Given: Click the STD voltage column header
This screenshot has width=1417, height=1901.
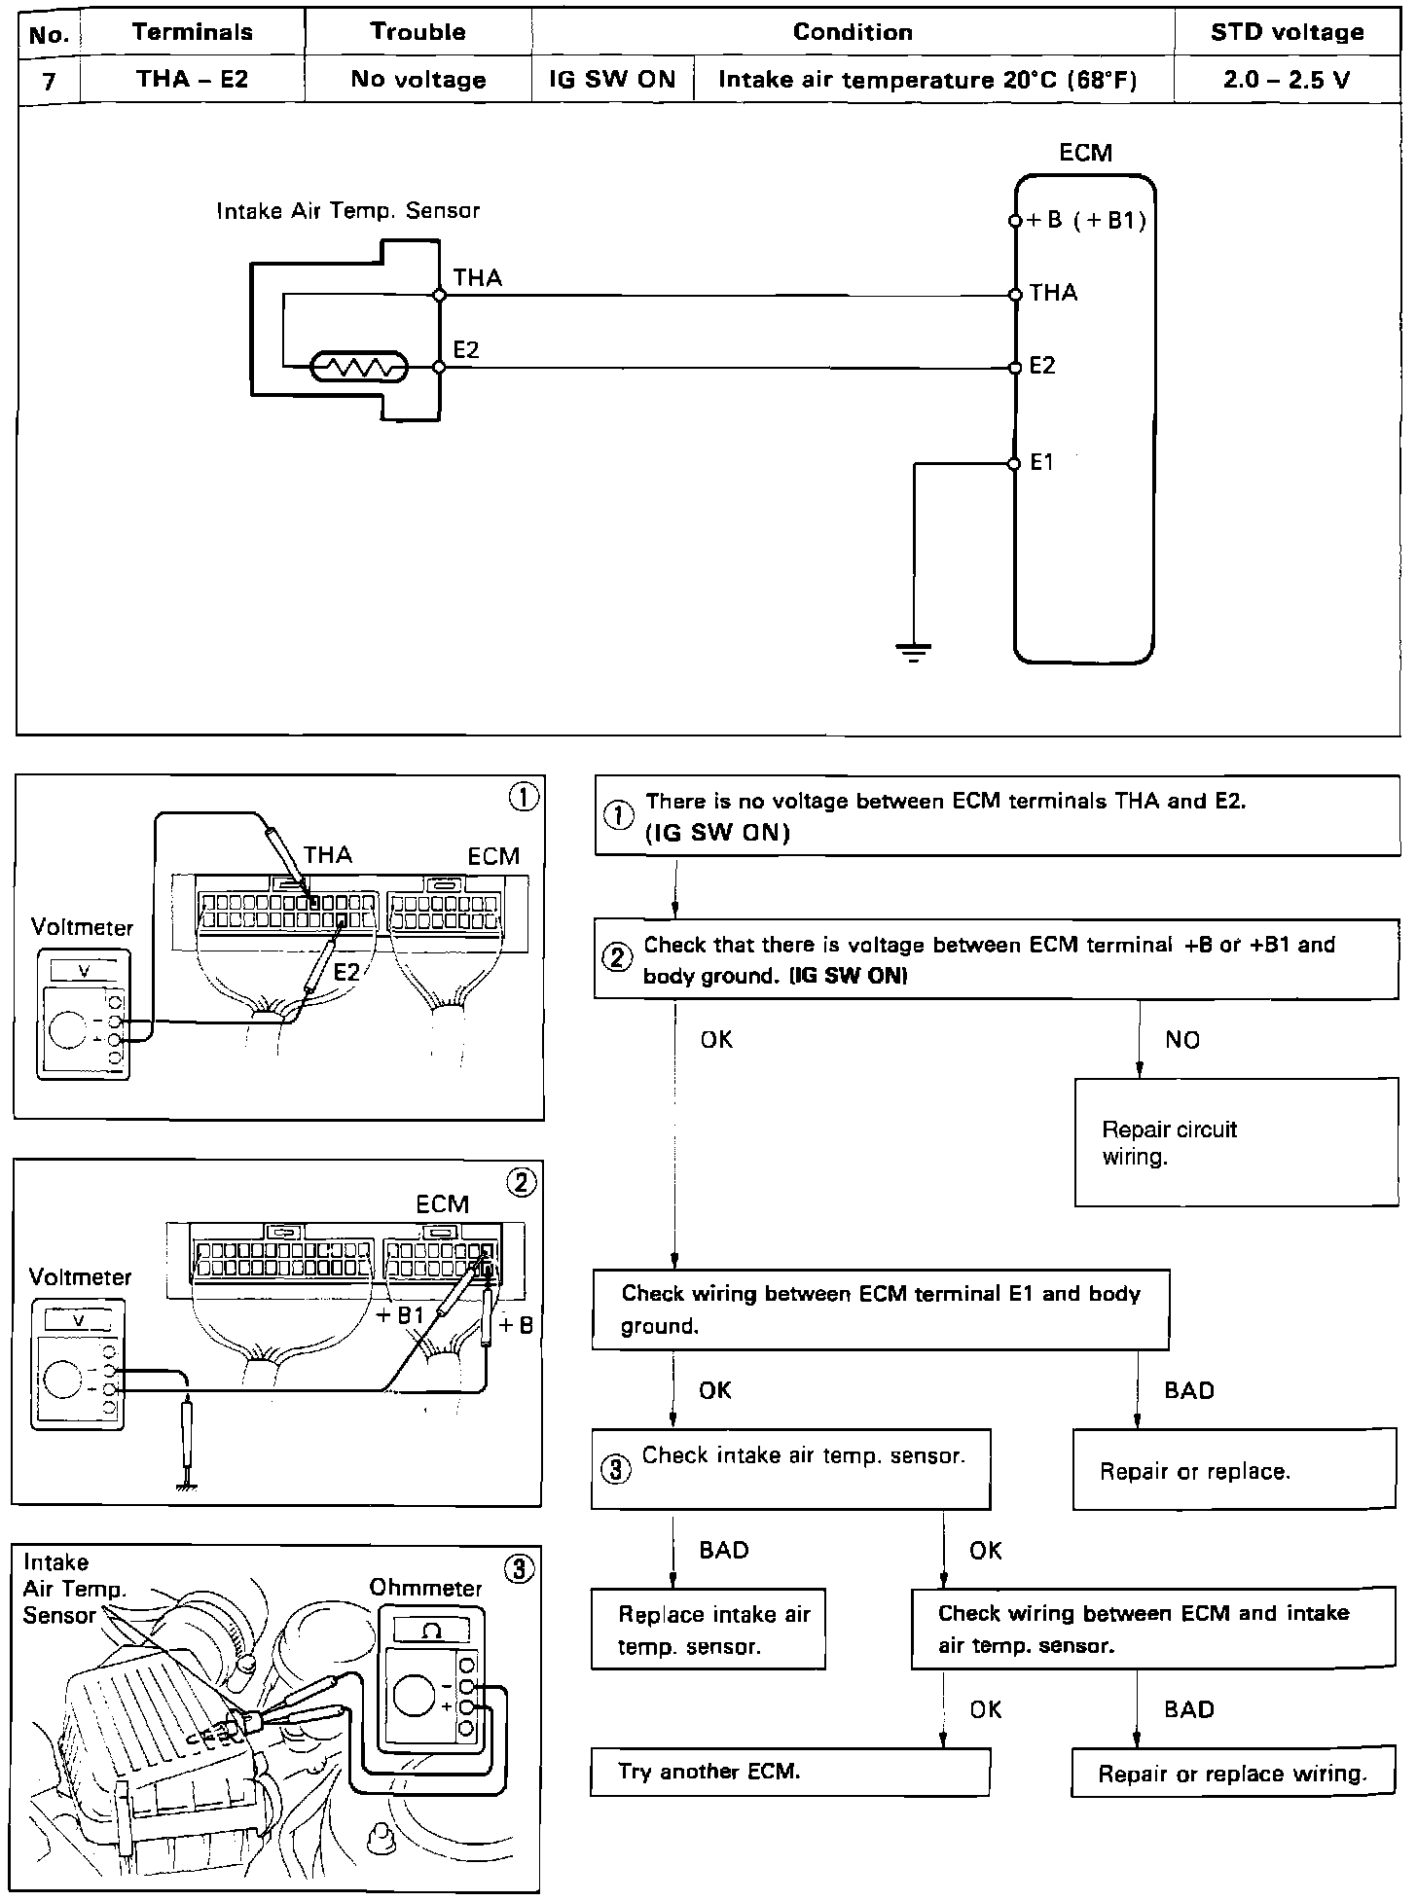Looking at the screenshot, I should click(x=1287, y=32).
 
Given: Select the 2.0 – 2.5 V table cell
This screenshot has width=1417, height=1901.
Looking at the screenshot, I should click(x=1287, y=80).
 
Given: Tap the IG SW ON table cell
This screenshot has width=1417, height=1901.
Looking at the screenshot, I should click(x=612, y=80).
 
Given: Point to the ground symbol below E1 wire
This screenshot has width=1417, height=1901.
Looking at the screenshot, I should click(x=913, y=651).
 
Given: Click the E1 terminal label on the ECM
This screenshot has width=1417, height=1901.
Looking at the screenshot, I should click(x=1041, y=463).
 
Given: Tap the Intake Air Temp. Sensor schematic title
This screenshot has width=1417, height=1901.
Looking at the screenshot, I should click(x=347, y=211).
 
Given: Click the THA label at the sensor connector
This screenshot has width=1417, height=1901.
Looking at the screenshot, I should click(x=477, y=278).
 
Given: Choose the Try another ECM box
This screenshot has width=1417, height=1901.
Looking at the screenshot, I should click(x=789, y=1772).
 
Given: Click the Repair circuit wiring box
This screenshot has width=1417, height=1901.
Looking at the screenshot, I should click(x=1235, y=1142).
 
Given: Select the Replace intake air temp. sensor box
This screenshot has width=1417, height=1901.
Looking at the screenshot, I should click(x=708, y=1630).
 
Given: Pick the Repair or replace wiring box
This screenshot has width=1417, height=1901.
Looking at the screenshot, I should click(x=1232, y=1774).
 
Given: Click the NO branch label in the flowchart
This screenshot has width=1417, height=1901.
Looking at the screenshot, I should click(x=1182, y=1040).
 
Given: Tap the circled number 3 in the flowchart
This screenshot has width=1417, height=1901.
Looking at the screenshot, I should click(x=615, y=1469).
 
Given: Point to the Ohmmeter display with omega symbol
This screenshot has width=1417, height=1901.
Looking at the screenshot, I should click(x=432, y=1631).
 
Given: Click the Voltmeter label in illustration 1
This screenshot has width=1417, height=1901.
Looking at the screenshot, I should click(x=81, y=926).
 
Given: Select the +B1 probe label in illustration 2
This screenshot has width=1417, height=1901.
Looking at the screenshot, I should click(x=400, y=1315).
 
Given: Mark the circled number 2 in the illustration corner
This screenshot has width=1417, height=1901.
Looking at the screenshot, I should click(x=522, y=1182).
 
